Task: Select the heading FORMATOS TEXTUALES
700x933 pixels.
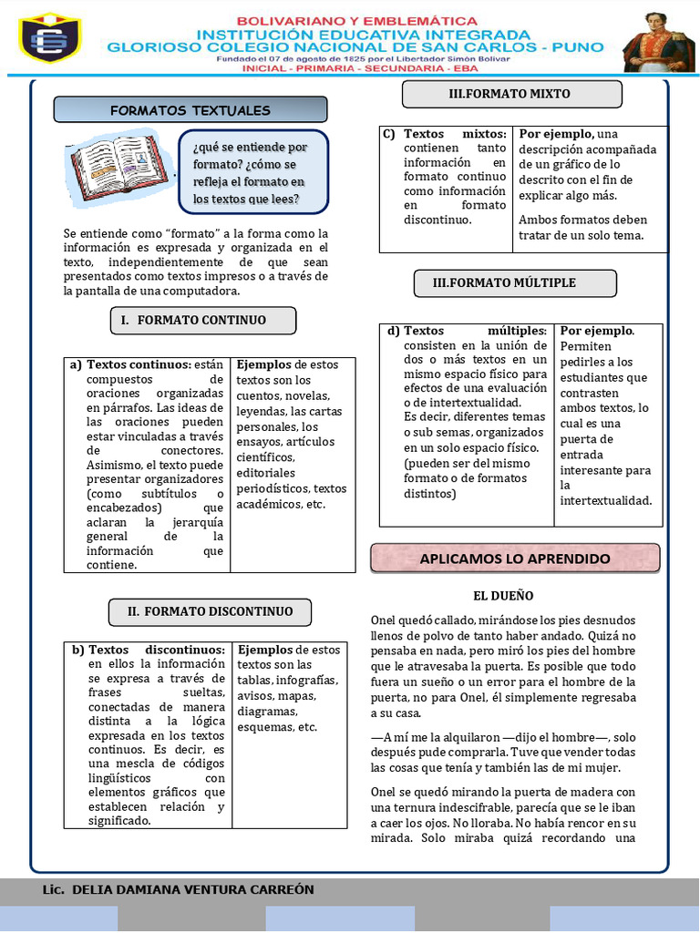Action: tap(190, 110)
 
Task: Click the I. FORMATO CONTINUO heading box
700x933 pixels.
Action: tap(202, 320)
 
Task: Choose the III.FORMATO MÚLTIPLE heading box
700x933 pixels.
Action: tap(516, 282)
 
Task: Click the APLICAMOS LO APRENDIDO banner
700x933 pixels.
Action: tap(515, 558)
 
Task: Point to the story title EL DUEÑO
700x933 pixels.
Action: tap(503, 596)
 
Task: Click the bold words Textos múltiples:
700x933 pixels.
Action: tap(475, 331)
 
